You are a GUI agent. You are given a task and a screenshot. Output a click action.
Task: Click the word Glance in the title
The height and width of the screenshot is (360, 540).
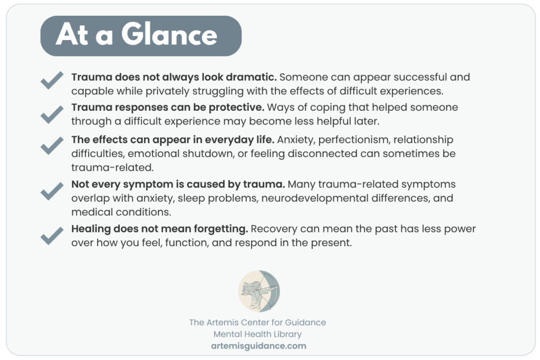(169, 35)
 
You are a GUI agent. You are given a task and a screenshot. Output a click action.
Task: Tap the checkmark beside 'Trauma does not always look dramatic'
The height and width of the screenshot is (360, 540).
(52, 80)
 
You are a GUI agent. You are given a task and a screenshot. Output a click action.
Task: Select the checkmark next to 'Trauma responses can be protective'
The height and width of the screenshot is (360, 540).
(52, 114)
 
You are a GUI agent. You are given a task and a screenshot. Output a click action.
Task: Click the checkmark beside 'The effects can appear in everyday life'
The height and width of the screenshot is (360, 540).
(52, 145)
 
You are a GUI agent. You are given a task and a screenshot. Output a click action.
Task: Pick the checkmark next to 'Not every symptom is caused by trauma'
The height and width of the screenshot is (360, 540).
(52, 191)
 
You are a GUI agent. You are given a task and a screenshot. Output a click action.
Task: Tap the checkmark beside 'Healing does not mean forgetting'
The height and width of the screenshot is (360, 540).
(52, 236)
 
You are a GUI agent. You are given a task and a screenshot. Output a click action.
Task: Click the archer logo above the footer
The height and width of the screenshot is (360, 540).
(259, 291)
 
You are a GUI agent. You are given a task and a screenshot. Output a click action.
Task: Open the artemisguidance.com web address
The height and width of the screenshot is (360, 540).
(258, 346)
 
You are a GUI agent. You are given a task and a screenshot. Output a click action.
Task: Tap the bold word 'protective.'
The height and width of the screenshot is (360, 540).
(237, 108)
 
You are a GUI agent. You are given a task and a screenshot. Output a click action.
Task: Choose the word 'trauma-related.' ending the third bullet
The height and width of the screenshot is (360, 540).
(113, 168)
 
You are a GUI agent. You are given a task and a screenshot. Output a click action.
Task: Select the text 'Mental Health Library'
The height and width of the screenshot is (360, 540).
(257, 334)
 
